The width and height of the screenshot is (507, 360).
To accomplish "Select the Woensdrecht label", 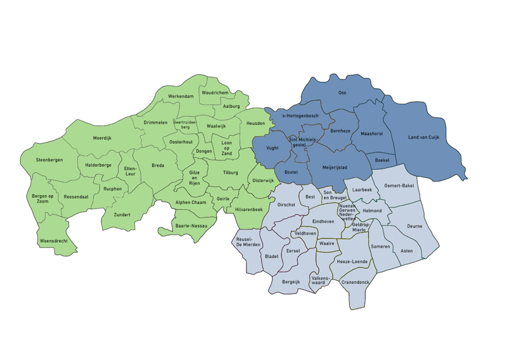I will pos(53,241).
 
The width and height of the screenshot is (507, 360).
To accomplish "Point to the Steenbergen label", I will pos(49,160).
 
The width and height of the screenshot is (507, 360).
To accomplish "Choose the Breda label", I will pos(158,165).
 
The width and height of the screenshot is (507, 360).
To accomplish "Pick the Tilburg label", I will pos(231,172).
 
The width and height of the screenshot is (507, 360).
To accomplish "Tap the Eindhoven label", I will pos(323,221).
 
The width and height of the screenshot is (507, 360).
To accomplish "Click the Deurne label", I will pos(414,226).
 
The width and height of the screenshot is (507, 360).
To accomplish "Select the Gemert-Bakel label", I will pos(399,186).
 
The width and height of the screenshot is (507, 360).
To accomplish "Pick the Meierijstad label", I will pos(336,169).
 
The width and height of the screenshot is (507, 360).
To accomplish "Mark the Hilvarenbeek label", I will pos(248,209).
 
